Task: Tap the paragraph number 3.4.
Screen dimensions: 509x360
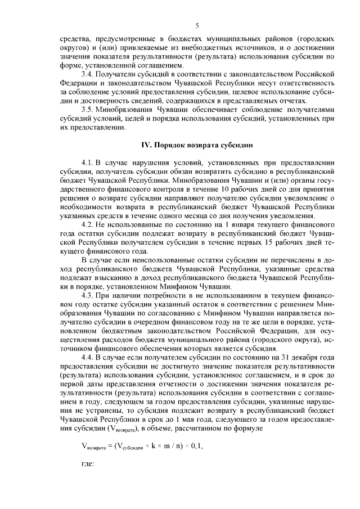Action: coord(88,73)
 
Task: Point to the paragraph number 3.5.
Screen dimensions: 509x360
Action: coord(88,109)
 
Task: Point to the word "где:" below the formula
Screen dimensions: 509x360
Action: coord(89,465)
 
